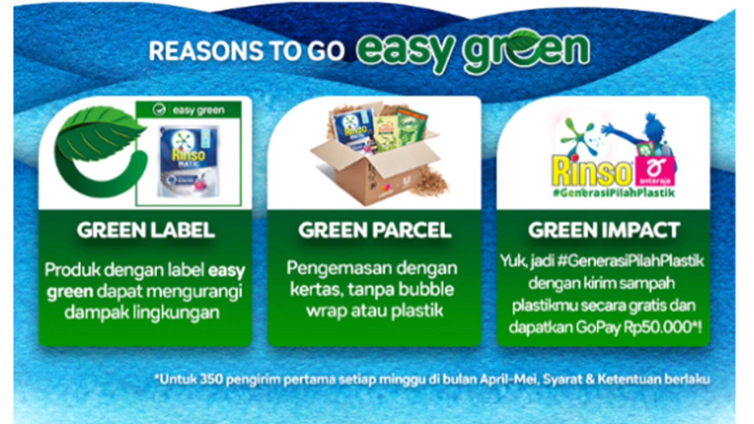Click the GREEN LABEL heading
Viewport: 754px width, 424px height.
pos(146,230)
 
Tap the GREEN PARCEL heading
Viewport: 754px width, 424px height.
pos(374,230)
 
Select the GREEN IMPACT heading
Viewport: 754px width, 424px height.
pos(604,230)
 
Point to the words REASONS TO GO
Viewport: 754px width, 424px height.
pos(247,51)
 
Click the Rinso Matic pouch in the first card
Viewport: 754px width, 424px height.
pos(188,161)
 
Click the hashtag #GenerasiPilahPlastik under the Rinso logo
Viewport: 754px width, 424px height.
pos(614,193)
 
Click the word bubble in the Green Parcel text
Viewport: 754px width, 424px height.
pos(426,289)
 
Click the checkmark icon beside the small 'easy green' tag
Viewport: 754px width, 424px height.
pos(159,110)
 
